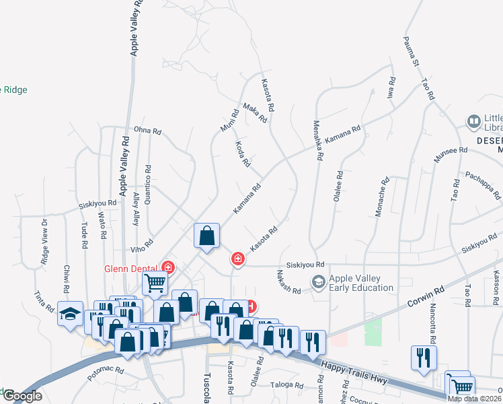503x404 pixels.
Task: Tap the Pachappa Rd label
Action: pyautogui.click(x=483, y=186)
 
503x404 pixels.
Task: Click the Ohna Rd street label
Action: pyautogui.click(x=148, y=130)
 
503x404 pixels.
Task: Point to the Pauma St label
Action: pyautogui.click(x=412, y=52)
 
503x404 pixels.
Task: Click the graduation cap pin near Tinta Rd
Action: pyautogui.click(x=71, y=314)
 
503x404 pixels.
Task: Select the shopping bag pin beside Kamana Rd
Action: pyautogui.click(x=207, y=236)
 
